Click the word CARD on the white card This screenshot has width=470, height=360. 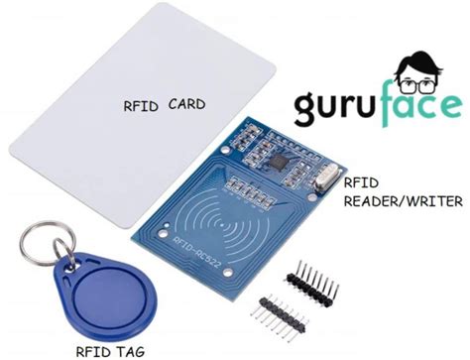[x=186, y=103]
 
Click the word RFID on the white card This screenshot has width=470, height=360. [x=142, y=104]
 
